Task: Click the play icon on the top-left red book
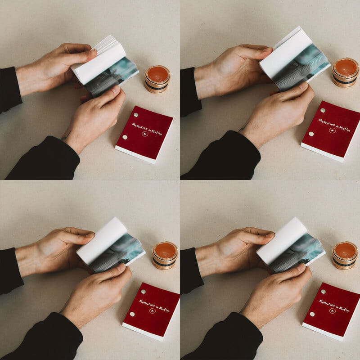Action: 145,134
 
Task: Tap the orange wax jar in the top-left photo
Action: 157,78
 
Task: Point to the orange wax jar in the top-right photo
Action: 346,72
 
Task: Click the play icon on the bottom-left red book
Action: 152,310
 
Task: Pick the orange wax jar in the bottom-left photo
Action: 165,255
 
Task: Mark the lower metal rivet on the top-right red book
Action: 310,134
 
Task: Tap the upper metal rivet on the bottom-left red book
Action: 143,292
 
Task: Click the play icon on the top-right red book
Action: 332,130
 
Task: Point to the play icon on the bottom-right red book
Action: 332,310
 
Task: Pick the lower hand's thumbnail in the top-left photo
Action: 116,90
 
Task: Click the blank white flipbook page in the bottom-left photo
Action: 102,241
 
